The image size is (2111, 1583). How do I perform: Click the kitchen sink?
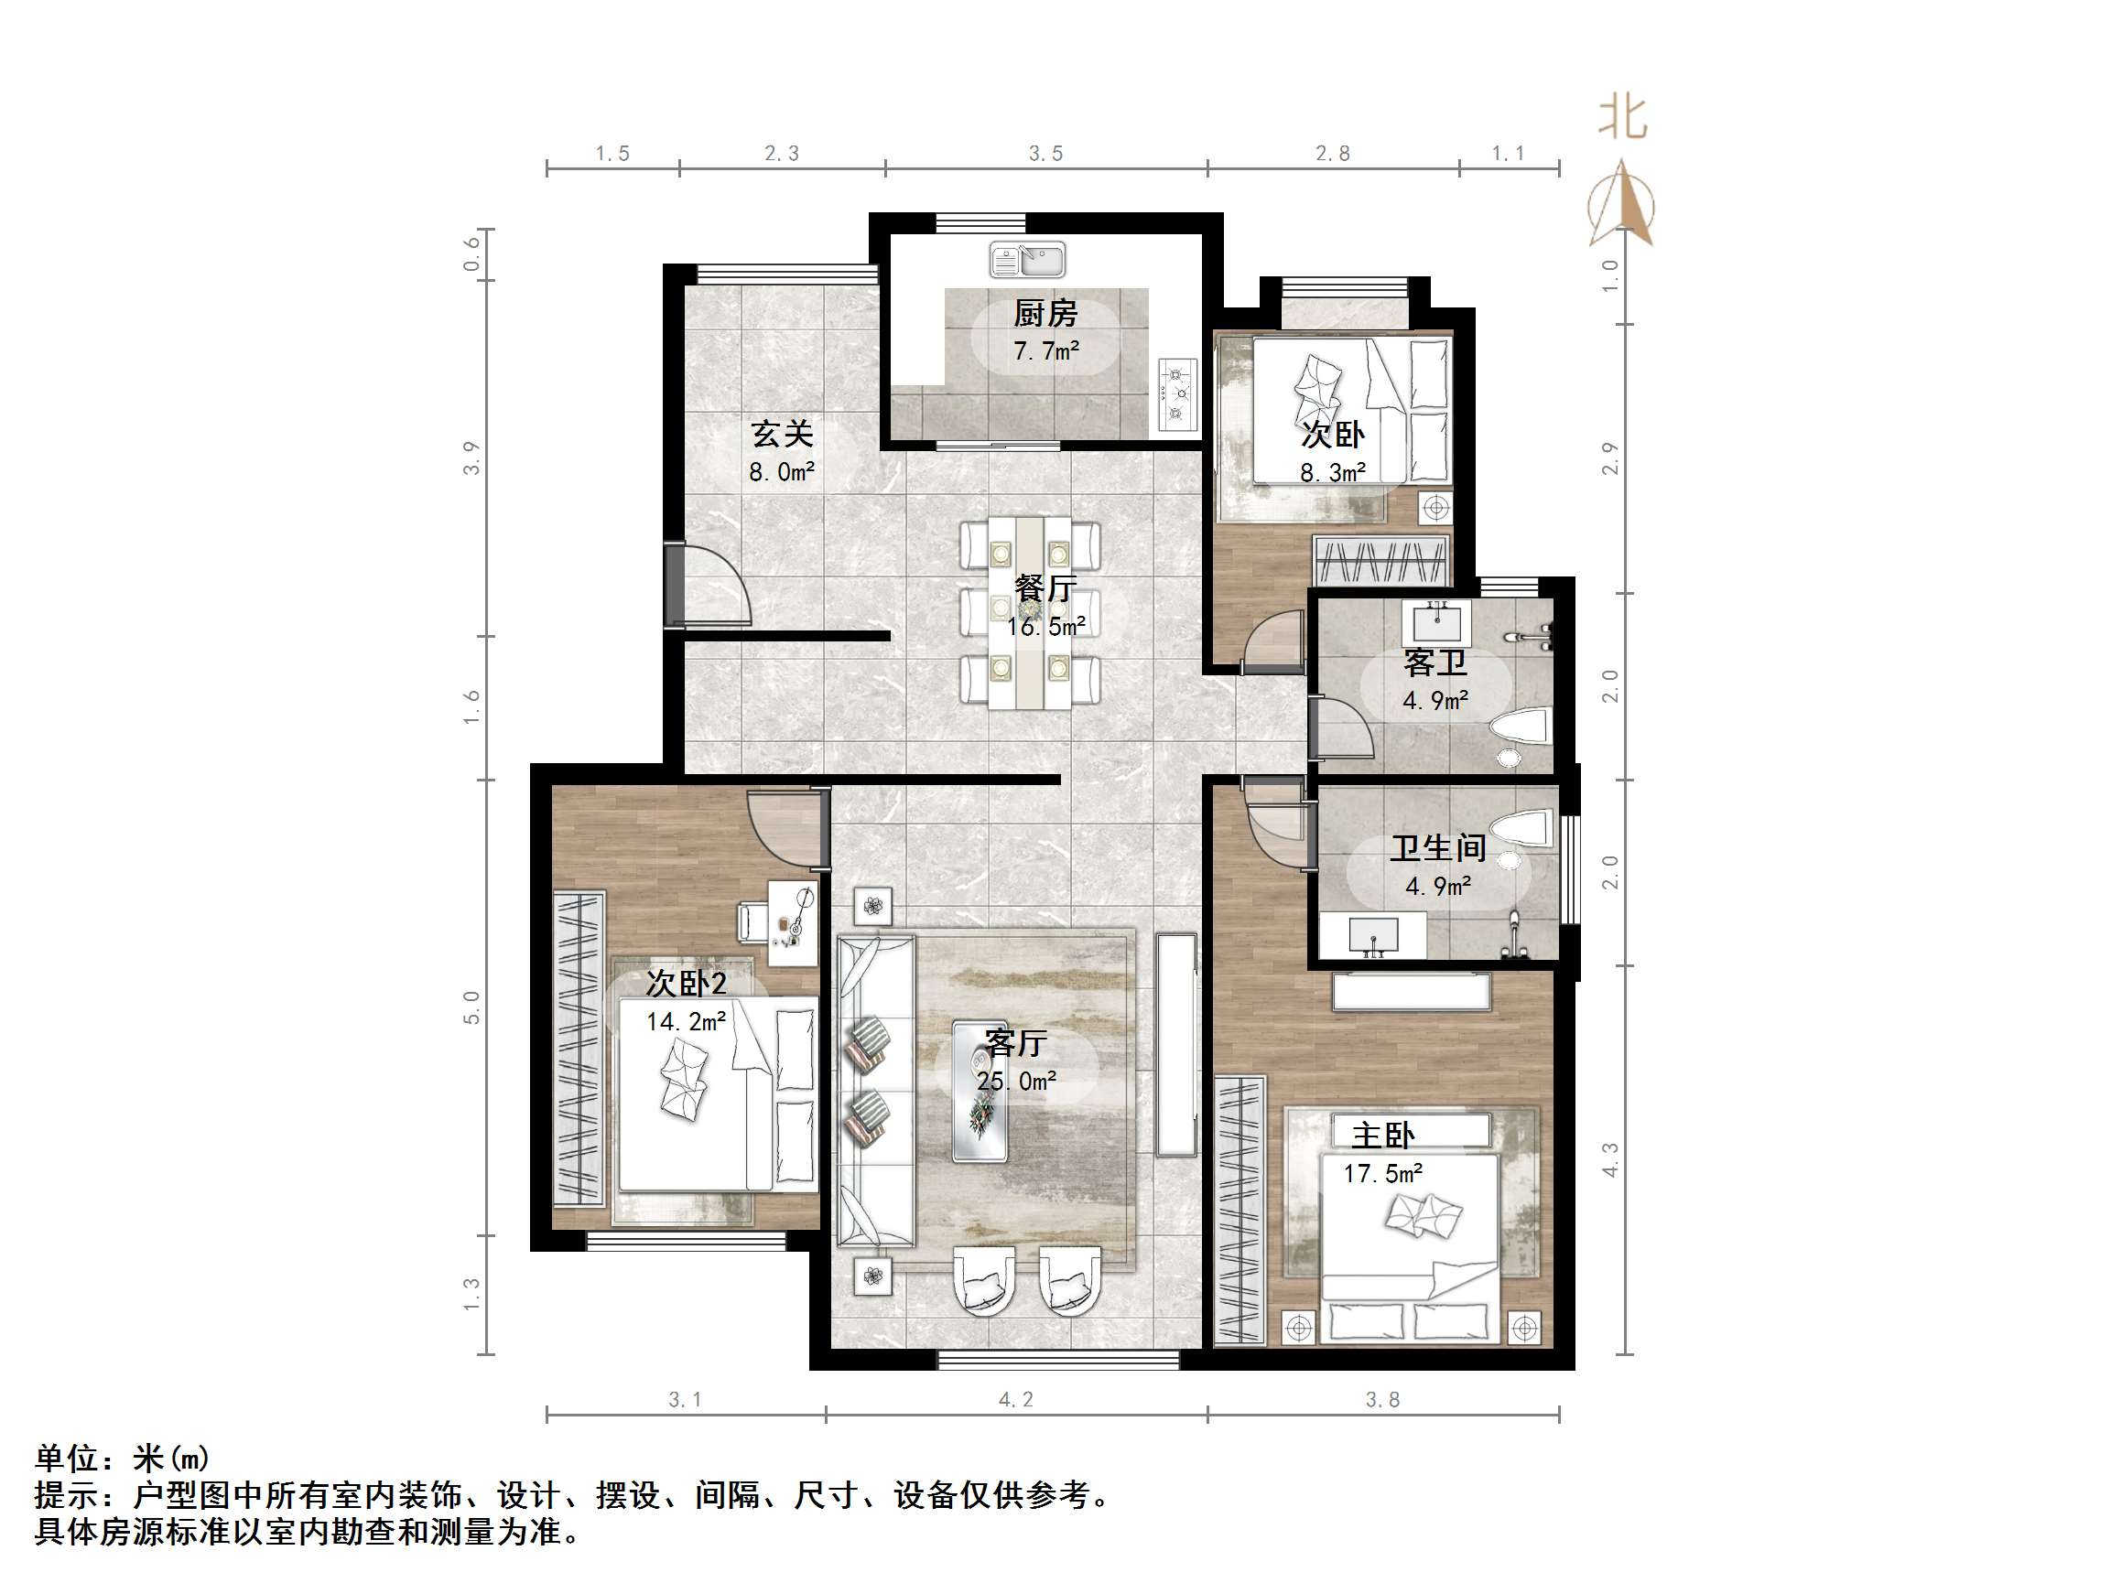pyautogui.click(x=1027, y=259)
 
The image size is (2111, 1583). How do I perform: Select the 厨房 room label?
pyautogui.click(x=1045, y=313)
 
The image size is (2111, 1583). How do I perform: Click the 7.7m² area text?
pyautogui.click(x=1046, y=351)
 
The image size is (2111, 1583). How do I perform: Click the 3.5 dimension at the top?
pyautogui.click(x=1045, y=154)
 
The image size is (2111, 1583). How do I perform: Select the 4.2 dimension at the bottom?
pyautogui.click(x=1015, y=1399)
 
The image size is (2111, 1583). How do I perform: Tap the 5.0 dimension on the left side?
pyautogui.click(x=472, y=1007)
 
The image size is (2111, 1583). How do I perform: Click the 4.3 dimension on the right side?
pyautogui.click(x=1610, y=1159)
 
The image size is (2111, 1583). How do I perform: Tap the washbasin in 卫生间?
pyautogui.click(x=1373, y=935)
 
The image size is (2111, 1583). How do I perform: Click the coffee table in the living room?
pyautogui.click(x=980, y=1091)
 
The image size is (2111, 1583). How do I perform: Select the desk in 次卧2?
pyautogui.click(x=793, y=922)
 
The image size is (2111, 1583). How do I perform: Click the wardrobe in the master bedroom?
pyautogui.click(x=1239, y=1210)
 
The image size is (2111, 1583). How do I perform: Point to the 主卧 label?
pyautogui.click(x=1382, y=1136)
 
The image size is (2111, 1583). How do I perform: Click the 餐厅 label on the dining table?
pyautogui.click(x=1045, y=587)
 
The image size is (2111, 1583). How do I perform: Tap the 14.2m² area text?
pyautogui.click(x=686, y=1022)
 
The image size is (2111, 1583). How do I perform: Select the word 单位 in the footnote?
pyautogui.click(x=67, y=1458)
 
